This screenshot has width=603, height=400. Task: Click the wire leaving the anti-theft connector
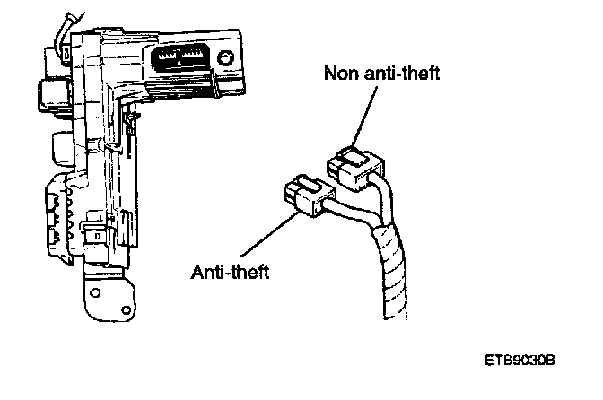tap(345, 215)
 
